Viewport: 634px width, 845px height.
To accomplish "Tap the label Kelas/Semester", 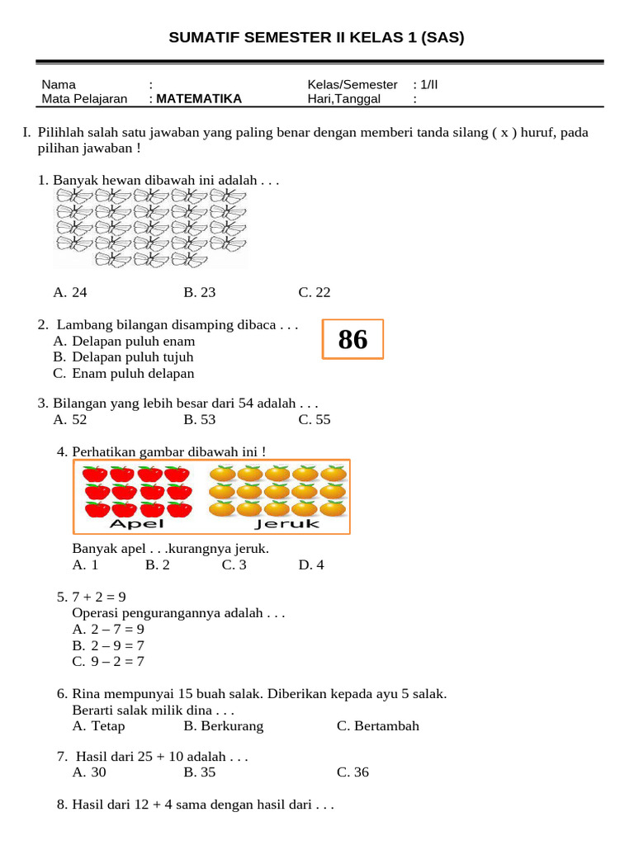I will click(352, 85).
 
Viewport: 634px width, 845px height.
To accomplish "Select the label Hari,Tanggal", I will click(343, 99).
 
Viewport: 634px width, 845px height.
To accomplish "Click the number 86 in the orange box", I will click(352, 339).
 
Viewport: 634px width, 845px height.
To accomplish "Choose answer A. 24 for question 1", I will click(70, 292).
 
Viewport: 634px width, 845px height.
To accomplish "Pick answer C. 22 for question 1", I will click(315, 292).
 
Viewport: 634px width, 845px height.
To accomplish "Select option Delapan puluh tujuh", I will click(132, 357).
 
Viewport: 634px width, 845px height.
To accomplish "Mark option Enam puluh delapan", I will click(133, 373).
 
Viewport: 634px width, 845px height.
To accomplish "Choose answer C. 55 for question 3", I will click(315, 419).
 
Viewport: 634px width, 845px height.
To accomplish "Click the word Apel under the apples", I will click(137, 524).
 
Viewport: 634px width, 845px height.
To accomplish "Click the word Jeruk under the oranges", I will click(286, 524).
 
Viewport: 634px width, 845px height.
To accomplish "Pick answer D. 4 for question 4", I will click(311, 565).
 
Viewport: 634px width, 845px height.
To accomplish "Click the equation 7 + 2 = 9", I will click(98, 597).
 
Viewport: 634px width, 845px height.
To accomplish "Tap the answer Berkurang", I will click(224, 726).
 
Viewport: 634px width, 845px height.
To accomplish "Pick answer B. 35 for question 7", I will click(200, 772).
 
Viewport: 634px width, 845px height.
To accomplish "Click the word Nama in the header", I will click(59, 85).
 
